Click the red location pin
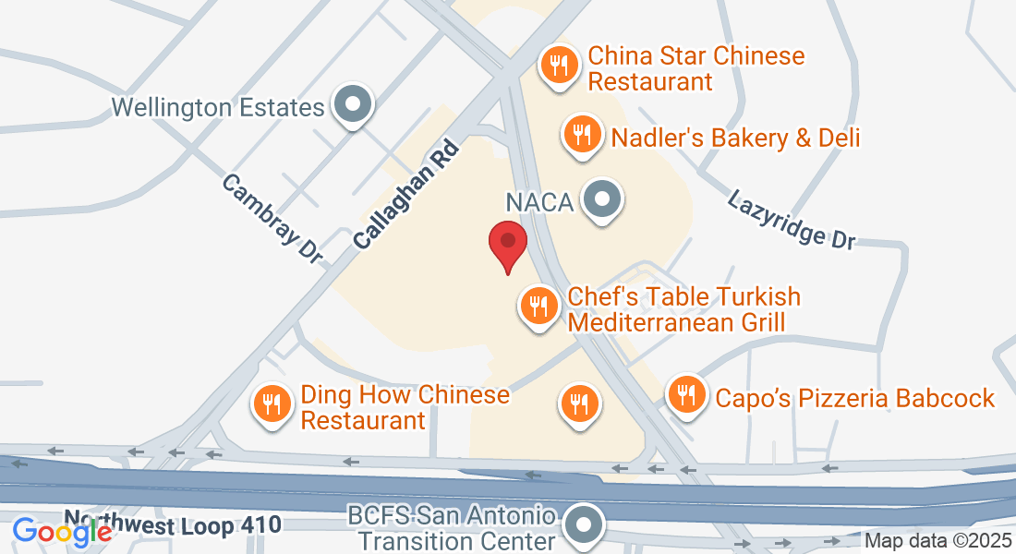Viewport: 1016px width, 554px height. [x=507, y=243]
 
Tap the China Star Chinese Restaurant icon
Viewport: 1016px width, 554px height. [x=558, y=66]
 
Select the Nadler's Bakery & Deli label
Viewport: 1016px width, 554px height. [x=735, y=138]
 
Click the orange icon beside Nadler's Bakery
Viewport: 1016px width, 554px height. [x=581, y=136]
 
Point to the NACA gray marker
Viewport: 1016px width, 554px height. [x=603, y=199]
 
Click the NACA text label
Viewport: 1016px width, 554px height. [x=539, y=201]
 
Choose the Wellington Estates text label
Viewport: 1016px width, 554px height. [x=218, y=108]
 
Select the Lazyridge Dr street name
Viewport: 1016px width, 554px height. [x=791, y=219]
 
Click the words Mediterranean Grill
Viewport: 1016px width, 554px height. [x=676, y=322]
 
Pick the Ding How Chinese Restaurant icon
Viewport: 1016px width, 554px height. [x=272, y=404]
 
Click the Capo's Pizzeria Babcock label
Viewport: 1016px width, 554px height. [x=854, y=399]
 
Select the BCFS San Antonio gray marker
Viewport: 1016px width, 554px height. [x=584, y=524]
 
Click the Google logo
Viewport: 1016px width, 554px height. [x=62, y=531]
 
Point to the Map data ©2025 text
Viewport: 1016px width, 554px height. [x=937, y=540]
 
